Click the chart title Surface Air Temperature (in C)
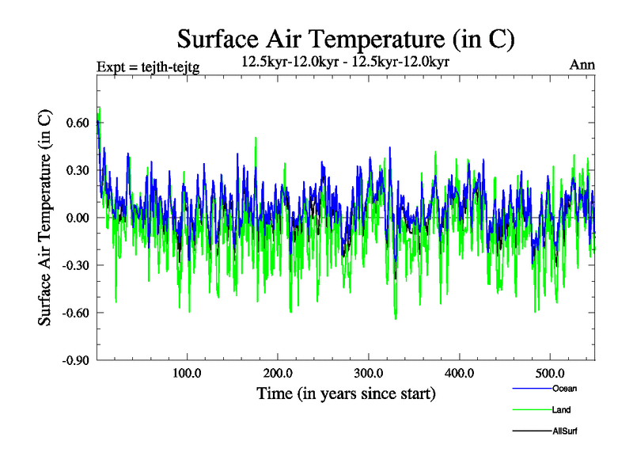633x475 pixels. (x=346, y=38)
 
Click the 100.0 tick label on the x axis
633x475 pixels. (x=187, y=374)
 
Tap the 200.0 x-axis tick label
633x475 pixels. (x=278, y=374)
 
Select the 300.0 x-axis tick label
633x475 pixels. (x=369, y=374)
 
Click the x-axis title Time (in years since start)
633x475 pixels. (x=346, y=393)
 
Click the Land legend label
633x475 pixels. (x=561, y=409)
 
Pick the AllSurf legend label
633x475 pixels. (x=565, y=431)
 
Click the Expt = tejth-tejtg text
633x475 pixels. (x=147, y=66)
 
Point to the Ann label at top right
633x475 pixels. (x=582, y=65)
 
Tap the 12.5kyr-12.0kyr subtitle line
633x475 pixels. (x=345, y=62)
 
